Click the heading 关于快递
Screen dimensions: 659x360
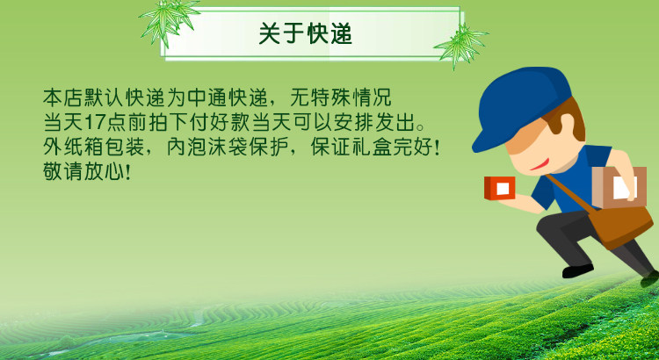pos(305,33)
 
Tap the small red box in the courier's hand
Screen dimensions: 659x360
pos(499,188)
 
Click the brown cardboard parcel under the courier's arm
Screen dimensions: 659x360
pos(619,187)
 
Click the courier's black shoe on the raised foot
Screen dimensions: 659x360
pos(577,270)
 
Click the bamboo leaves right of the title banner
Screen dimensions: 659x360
pos(461,45)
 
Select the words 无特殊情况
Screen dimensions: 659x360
pos(341,97)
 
